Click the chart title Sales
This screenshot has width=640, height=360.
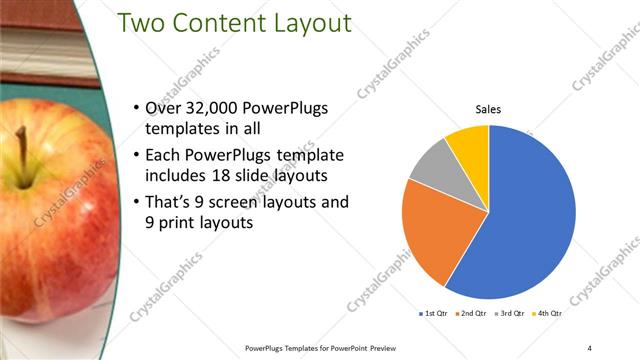coord(488,110)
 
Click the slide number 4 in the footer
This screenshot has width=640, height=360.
coord(590,347)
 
